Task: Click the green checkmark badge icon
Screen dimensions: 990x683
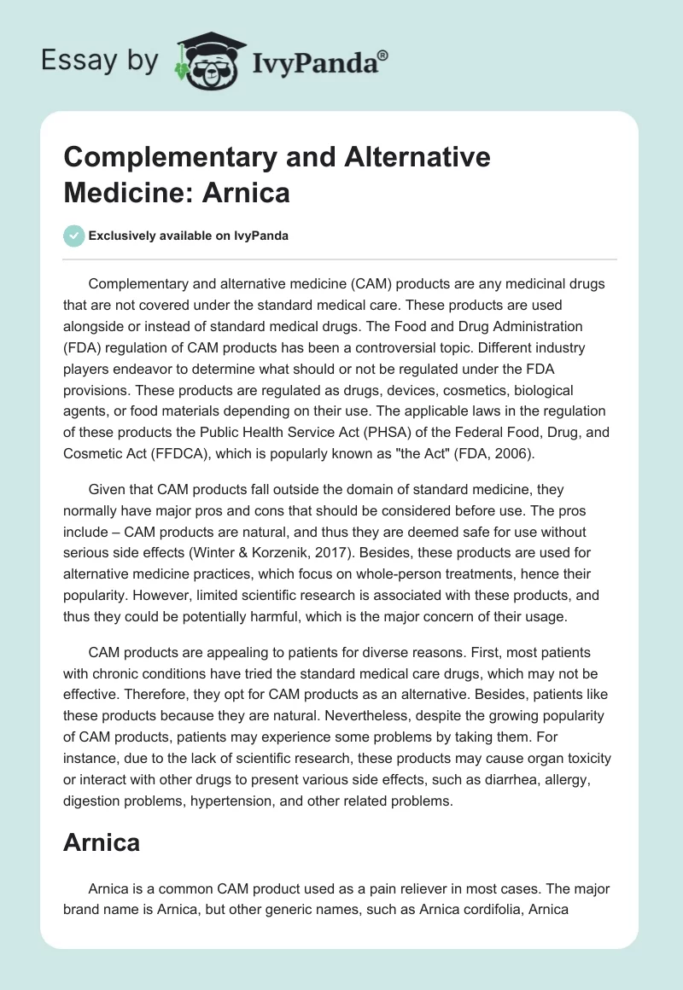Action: (74, 236)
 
